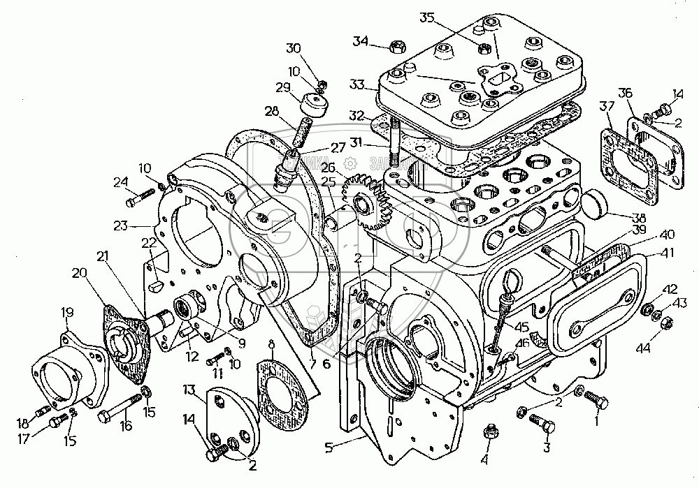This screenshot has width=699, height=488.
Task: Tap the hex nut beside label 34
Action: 396,47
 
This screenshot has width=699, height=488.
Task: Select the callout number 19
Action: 68,311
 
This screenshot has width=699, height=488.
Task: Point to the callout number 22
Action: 147,242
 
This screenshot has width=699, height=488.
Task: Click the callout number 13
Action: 190,388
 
